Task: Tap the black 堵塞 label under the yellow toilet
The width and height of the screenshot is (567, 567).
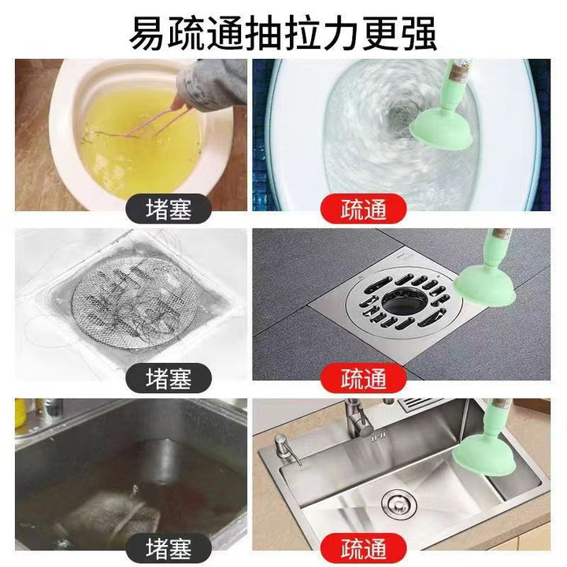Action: click(x=169, y=209)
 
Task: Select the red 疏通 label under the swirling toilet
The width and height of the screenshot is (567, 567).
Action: click(x=363, y=209)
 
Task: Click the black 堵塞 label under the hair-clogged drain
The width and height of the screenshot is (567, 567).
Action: click(x=169, y=378)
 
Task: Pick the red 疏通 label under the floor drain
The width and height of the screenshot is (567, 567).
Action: click(x=363, y=378)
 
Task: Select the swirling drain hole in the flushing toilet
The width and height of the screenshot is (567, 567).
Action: click(x=398, y=115)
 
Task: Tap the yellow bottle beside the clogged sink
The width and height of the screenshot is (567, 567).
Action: click(x=20, y=413)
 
